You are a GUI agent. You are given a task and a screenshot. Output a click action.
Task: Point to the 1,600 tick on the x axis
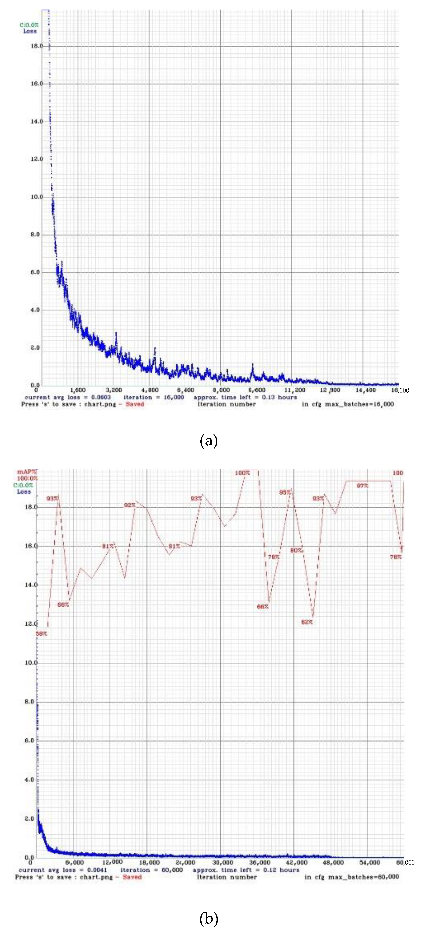point(78,390)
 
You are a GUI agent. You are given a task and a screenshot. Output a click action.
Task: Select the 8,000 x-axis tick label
point(221,390)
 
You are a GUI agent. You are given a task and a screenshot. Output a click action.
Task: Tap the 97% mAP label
point(362,486)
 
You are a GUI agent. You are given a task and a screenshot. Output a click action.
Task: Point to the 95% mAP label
point(285,492)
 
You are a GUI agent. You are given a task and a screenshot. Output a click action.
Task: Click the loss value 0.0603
point(101,397)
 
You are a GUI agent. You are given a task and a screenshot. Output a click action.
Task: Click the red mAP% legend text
point(27,472)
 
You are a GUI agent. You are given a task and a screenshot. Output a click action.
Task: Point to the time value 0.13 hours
point(279,397)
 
